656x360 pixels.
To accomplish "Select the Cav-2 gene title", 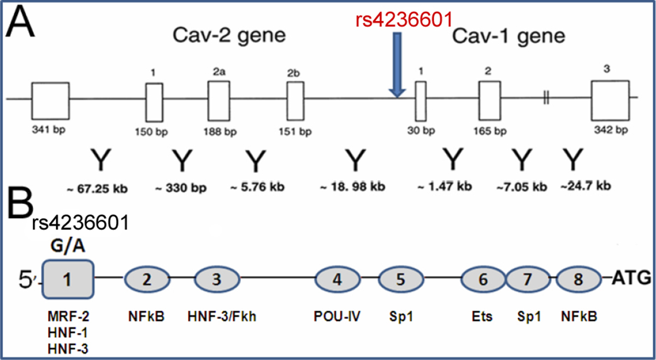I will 229,37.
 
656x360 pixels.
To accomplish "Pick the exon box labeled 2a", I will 218,101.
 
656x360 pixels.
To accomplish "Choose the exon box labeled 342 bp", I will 610,101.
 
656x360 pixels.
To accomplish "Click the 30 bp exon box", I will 421,101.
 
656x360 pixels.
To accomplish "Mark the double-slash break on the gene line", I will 546,99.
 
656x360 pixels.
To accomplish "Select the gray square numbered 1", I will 68,280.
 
